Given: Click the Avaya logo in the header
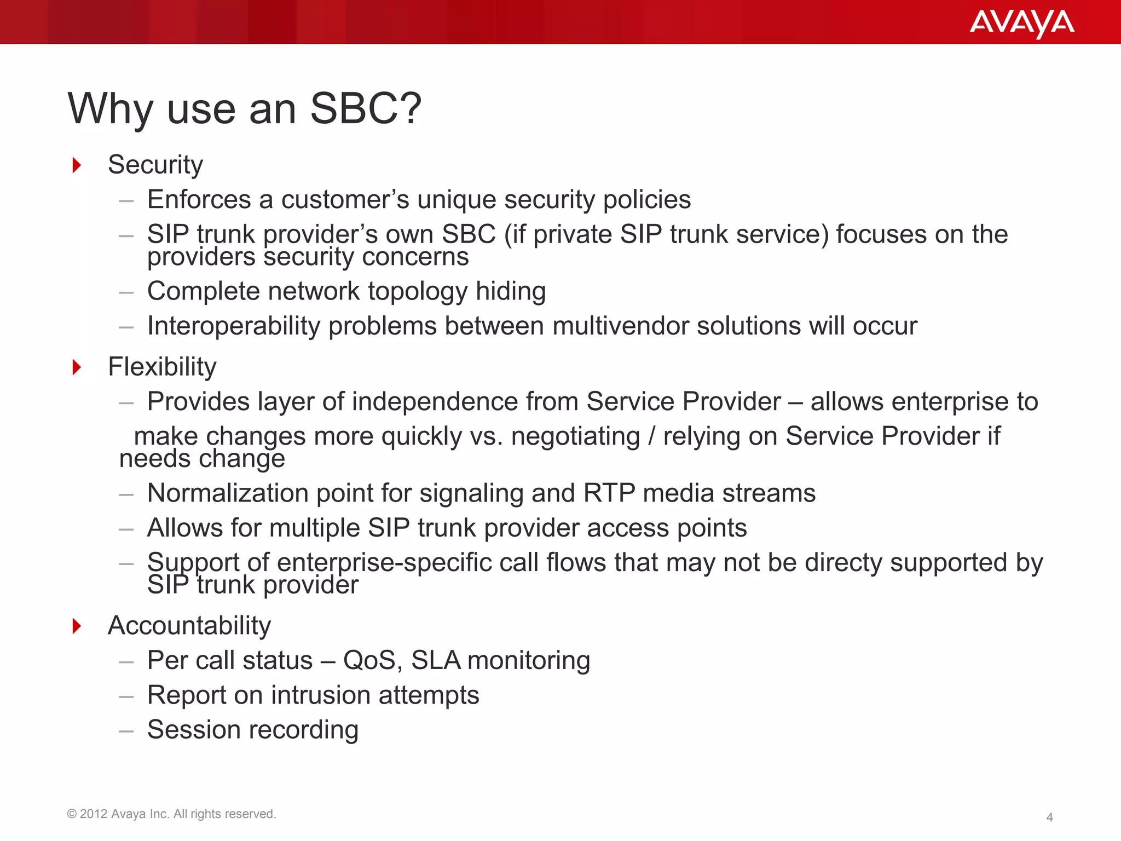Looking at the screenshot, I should coord(1021,23).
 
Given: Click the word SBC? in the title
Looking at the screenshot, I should coord(366,108).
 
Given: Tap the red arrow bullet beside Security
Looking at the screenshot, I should coord(77,165).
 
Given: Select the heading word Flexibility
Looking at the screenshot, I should coord(162,366).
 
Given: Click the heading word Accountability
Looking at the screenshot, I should coord(189,625).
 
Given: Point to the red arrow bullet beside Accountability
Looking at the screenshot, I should coord(77,625).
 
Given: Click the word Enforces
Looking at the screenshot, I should coord(199,199).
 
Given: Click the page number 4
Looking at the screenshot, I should coord(1049,817).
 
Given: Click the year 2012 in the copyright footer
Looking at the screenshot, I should coord(94,814).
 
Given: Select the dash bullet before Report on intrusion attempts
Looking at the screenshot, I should coord(126,696).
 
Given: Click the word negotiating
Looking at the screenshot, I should coord(575,436).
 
